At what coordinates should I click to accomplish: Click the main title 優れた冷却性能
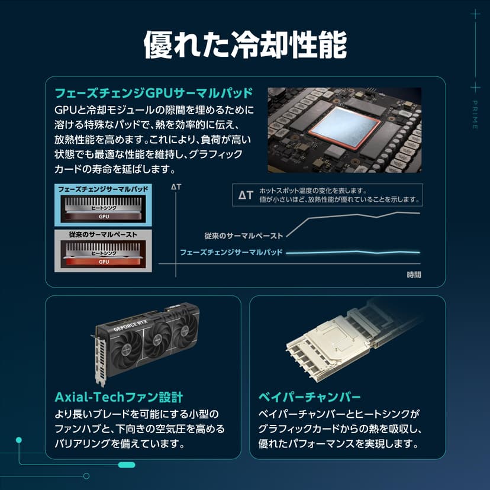point(245,44)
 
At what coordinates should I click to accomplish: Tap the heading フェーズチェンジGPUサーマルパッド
point(154,93)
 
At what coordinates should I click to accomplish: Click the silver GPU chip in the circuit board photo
point(344,127)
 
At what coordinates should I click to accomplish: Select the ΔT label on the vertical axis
point(176,187)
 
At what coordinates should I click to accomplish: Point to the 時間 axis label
point(414,275)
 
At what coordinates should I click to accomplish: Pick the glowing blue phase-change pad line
point(353,252)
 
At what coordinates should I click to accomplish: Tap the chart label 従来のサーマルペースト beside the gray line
point(244,236)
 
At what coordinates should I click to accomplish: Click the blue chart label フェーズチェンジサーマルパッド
point(231,252)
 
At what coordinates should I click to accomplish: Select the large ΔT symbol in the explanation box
point(246,195)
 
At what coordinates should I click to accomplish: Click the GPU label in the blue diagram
point(104,216)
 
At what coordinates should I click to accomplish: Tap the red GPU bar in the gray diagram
point(104,262)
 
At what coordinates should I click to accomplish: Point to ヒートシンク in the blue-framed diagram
point(104,208)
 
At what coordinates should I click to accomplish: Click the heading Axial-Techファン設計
point(119,397)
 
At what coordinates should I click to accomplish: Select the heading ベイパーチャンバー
point(310,397)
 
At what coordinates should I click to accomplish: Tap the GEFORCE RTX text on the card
point(130,325)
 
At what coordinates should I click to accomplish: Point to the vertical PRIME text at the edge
point(475,115)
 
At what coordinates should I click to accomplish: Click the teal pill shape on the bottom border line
point(127,465)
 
